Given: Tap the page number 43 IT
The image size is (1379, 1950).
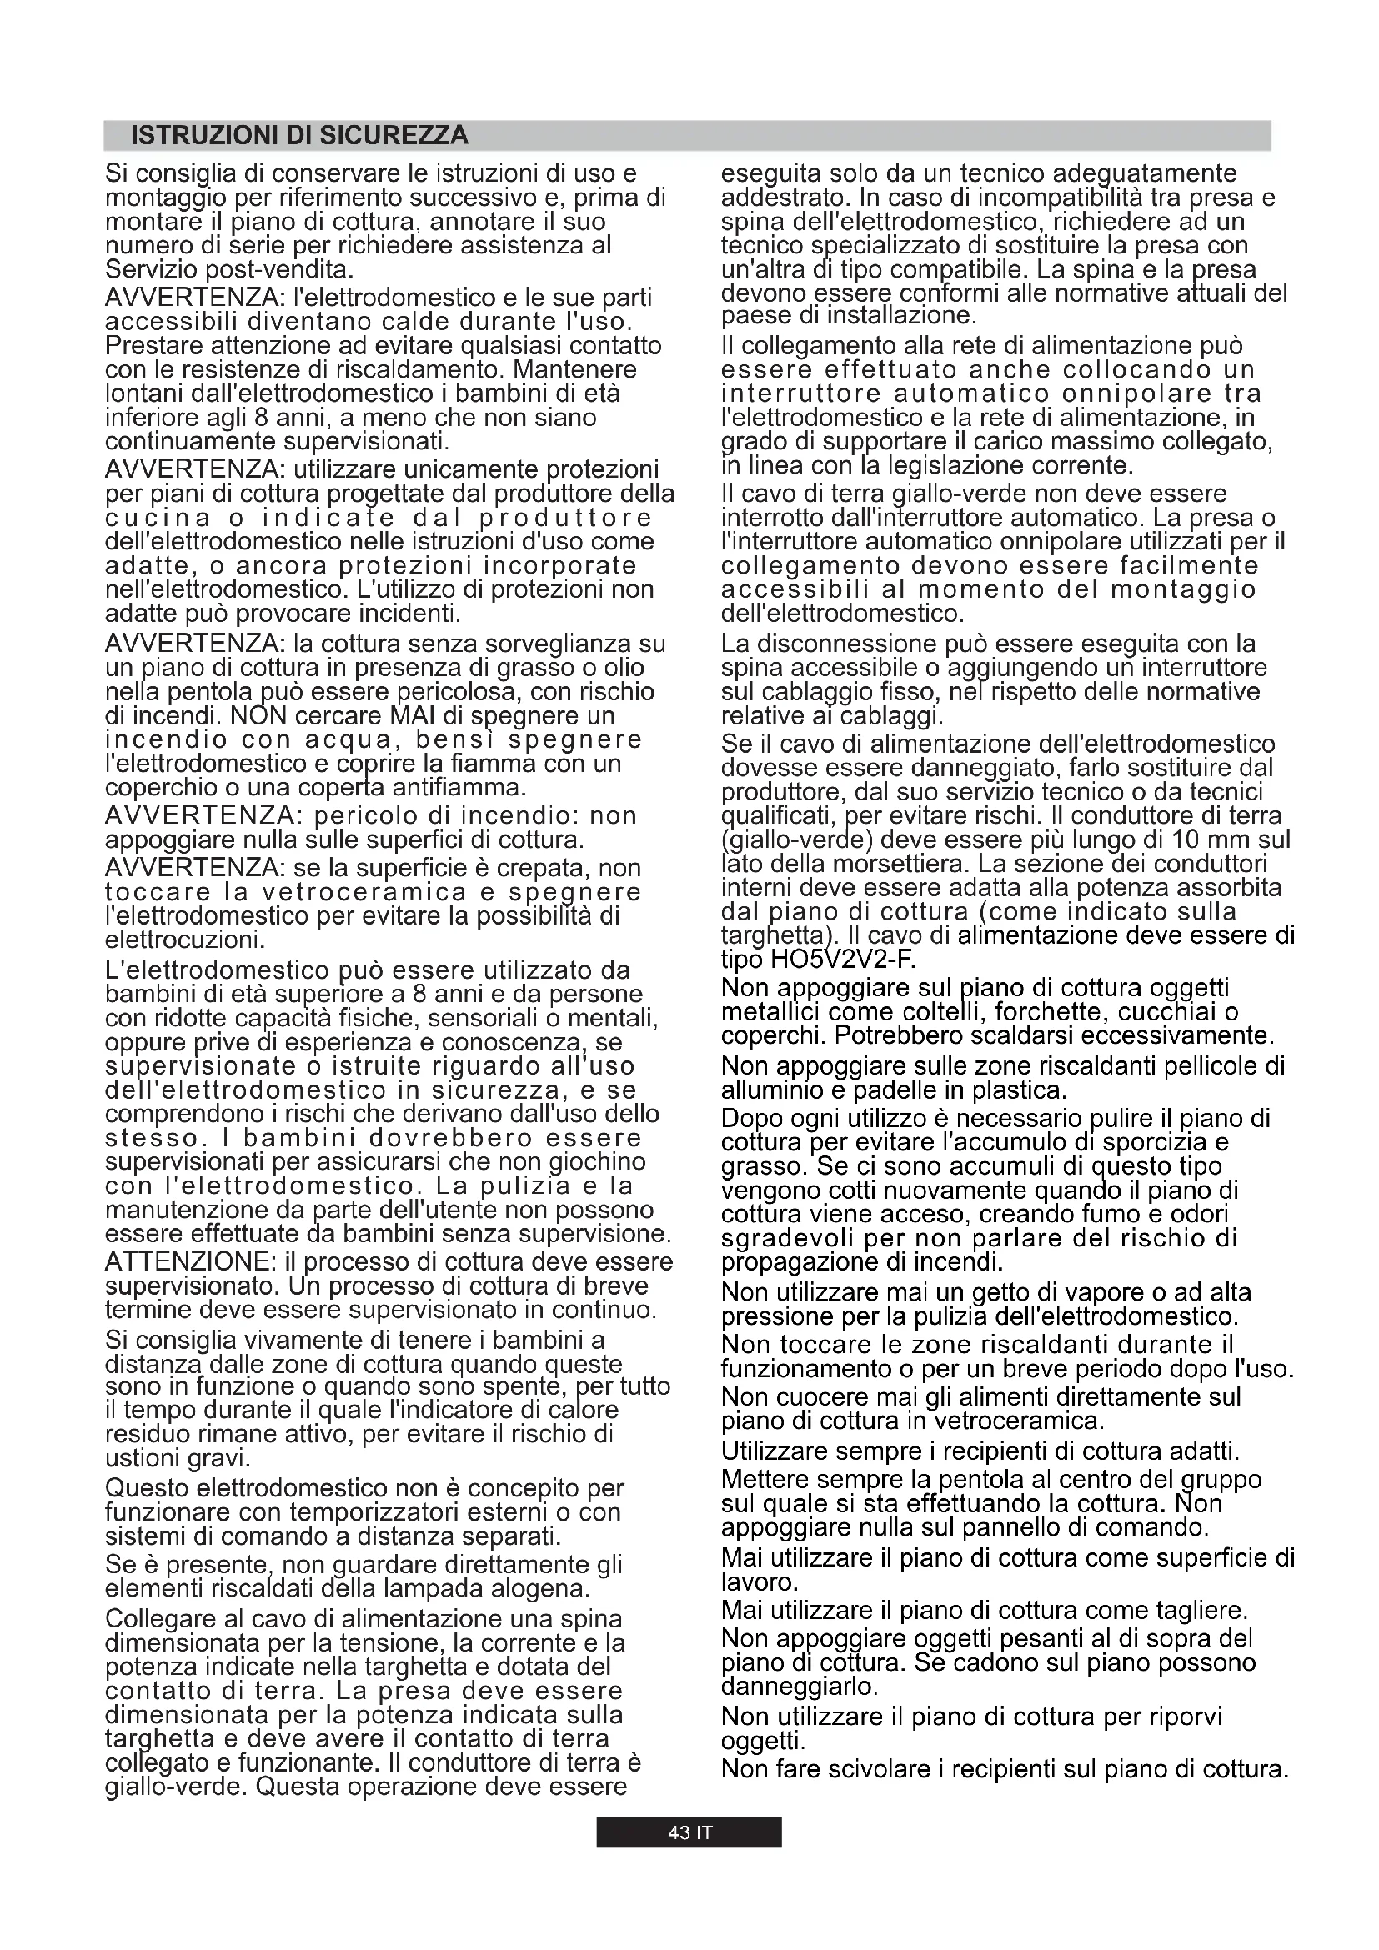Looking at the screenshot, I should pos(689,1832).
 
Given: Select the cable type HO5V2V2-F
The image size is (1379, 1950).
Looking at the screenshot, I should pos(836,960).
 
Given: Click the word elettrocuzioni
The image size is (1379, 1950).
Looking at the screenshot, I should pos(185,940).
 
